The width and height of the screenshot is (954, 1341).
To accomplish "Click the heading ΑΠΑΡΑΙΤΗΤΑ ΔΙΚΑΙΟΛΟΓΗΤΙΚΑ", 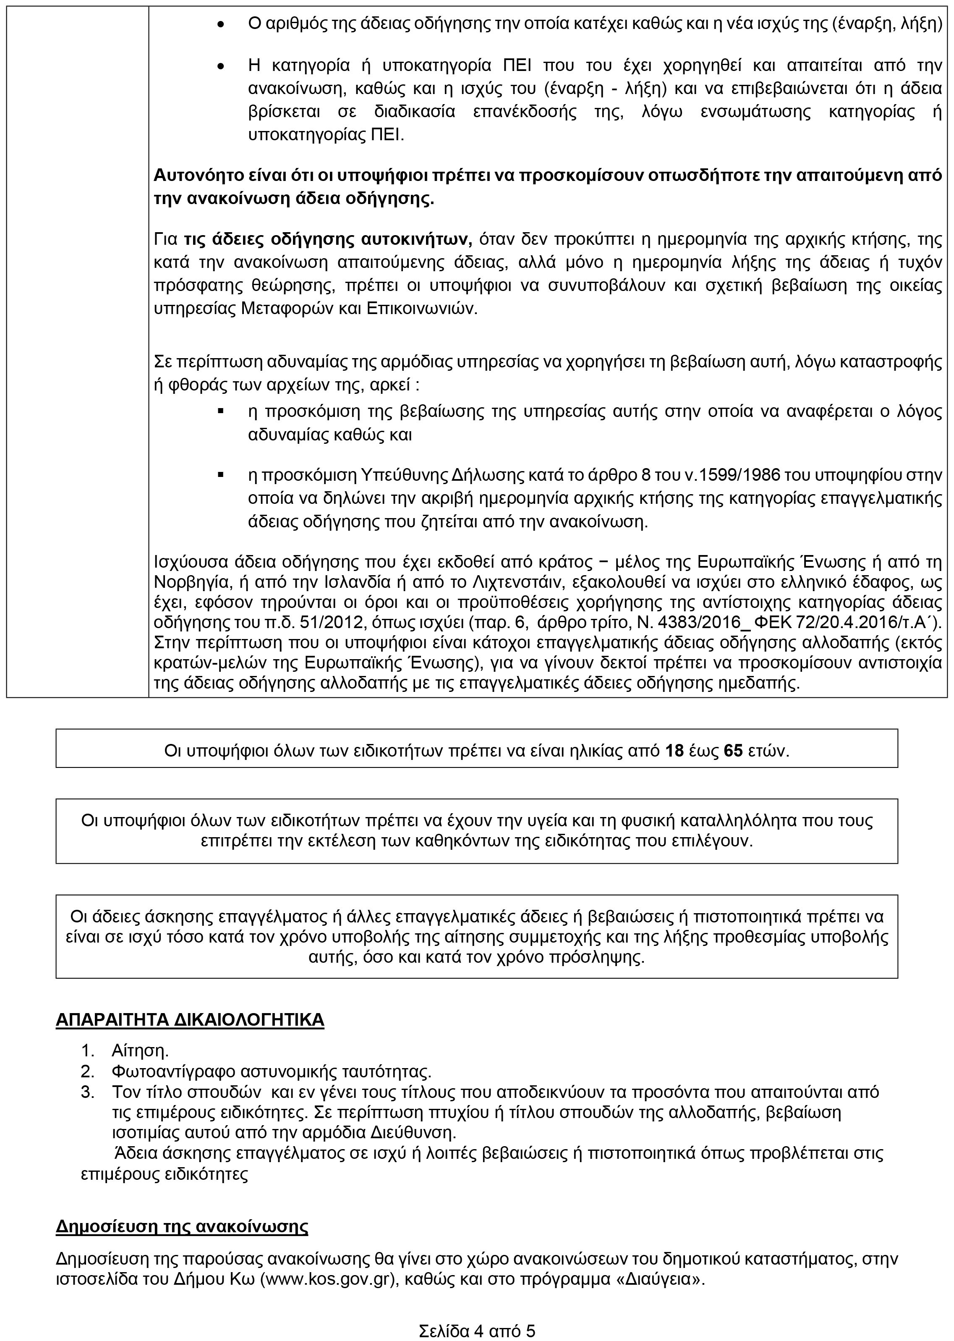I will (190, 1019).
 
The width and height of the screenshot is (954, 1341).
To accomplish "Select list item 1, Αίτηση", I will (140, 1050).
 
